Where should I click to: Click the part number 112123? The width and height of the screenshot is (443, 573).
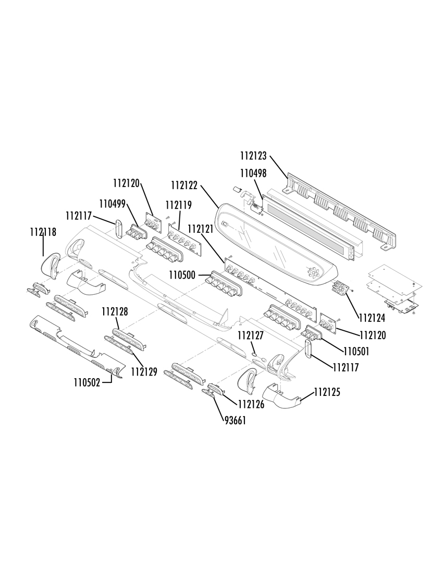[253, 156]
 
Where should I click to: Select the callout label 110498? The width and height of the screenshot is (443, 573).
[253, 173]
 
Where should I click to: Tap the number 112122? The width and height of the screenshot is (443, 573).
[184, 185]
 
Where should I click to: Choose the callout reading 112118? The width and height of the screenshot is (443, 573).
[43, 232]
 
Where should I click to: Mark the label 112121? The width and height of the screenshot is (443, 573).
[201, 229]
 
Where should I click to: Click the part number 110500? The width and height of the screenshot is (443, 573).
[182, 275]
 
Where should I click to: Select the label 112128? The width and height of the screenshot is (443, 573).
[115, 312]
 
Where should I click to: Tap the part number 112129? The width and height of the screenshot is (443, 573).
[144, 372]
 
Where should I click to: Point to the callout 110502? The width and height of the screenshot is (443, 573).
[87, 383]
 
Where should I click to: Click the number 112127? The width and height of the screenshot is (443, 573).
[251, 335]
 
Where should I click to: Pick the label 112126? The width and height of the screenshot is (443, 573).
[251, 404]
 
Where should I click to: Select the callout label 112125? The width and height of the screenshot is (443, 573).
[327, 392]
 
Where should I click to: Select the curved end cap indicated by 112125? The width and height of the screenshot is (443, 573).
[281, 399]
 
